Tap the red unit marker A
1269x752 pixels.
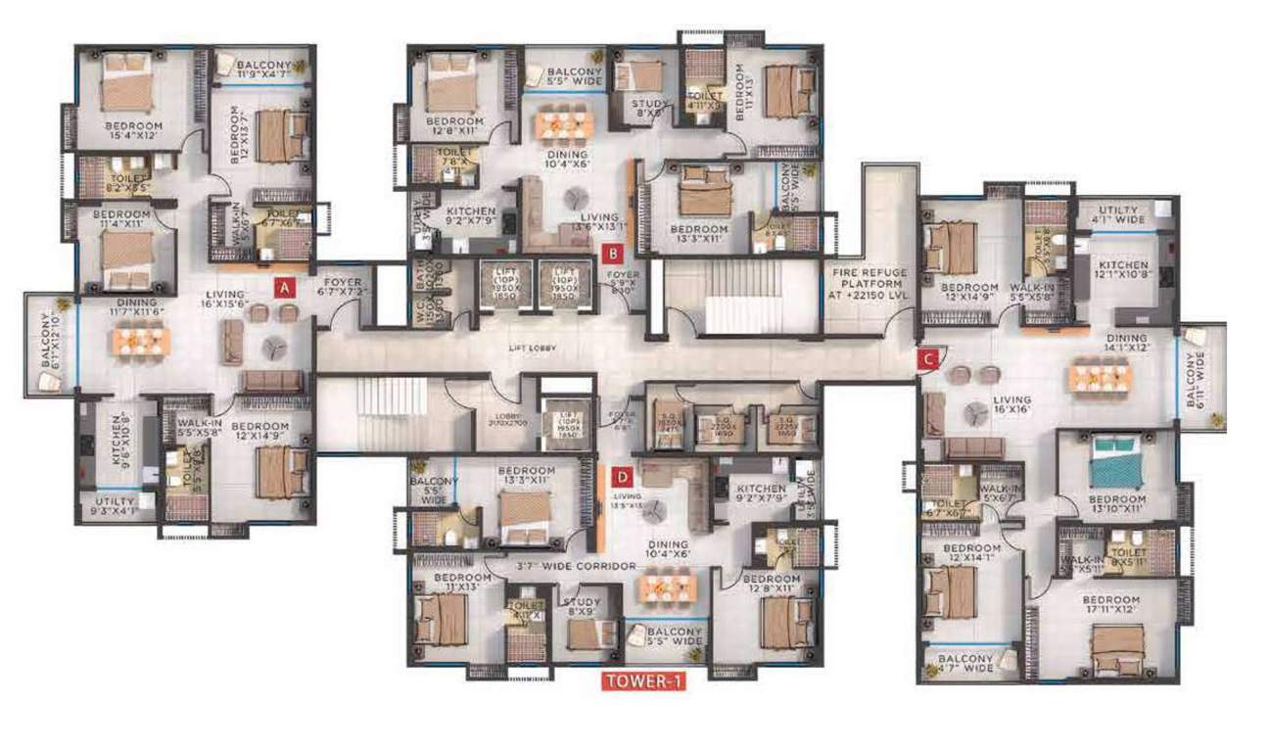pyautogui.click(x=283, y=288)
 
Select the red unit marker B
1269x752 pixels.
pyautogui.click(x=612, y=253)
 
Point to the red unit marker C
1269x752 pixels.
pyautogui.click(x=925, y=359)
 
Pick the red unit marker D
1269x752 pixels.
pyautogui.click(x=621, y=477)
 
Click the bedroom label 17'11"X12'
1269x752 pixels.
pyautogui.click(x=1110, y=605)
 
